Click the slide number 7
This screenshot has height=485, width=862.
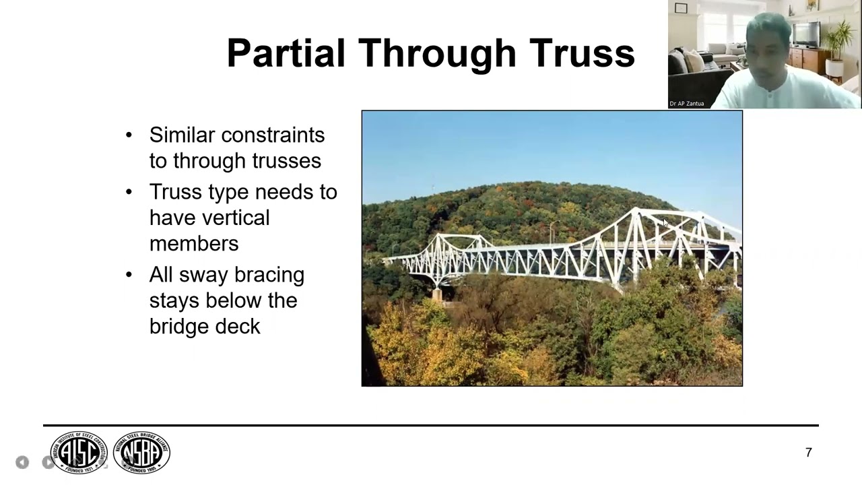pyautogui.click(x=809, y=453)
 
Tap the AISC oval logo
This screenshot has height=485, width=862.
pyautogui.click(x=79, y=452)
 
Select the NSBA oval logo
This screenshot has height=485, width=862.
pyautogui.click(x=141, y=452)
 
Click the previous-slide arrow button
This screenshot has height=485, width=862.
pyautogui.click(x=22, y=462)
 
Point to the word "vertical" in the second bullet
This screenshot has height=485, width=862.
pyautogui.click(x=209, y=218)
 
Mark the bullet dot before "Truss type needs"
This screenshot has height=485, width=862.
pyautogui.click(x=129, y=193)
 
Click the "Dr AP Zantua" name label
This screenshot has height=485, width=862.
pyautogui.click(x=687, y=104)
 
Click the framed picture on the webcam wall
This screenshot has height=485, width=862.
pyautogui.click(x=681, y=9)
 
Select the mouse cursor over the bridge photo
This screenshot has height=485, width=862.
pyautogui.click(x=665, y=222)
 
